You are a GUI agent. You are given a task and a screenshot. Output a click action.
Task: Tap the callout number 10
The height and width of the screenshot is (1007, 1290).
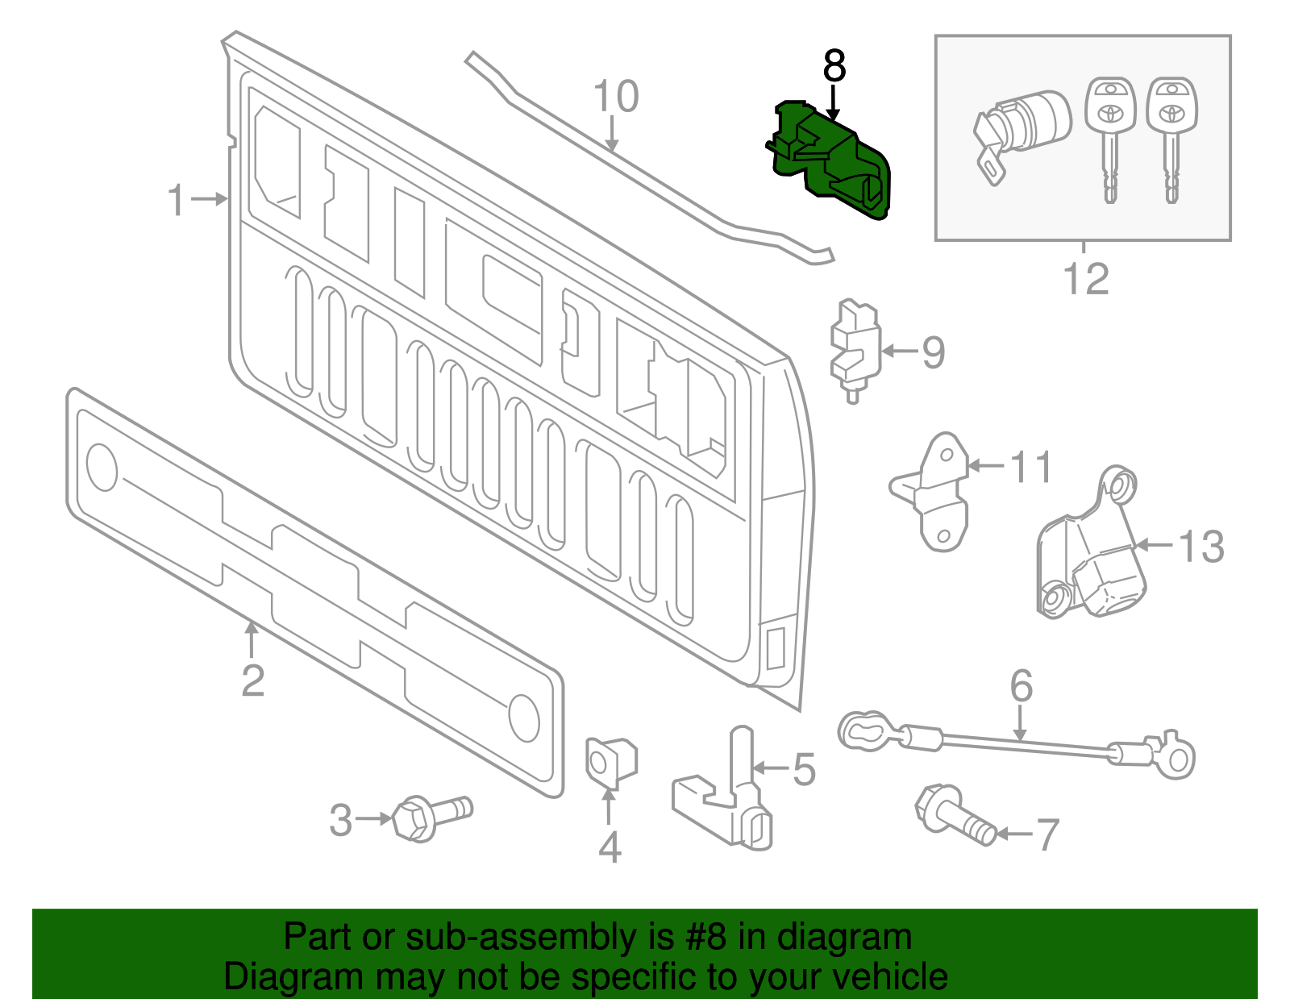click(x=616, y=97)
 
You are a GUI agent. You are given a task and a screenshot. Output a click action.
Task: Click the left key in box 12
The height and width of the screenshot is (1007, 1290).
click(x=1110, y=137)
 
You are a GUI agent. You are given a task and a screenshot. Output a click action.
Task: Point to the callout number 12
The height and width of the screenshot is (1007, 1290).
click(x=1086, y=280)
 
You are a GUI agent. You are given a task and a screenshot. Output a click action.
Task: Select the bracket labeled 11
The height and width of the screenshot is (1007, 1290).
click(x=935, y=492)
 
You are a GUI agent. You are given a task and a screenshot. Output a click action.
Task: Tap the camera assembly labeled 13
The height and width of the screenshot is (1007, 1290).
click(x=1088, y=556)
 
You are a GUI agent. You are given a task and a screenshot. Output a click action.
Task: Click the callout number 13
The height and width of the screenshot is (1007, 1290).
click(x=1201, y=547)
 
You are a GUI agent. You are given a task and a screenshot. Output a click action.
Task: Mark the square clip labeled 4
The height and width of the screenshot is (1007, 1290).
click(x=610, y=762)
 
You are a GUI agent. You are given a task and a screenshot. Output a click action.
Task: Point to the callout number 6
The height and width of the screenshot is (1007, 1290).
click(x=1021, y=686)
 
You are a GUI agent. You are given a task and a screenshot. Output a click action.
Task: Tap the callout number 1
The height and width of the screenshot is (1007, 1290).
click(x=176, y=200)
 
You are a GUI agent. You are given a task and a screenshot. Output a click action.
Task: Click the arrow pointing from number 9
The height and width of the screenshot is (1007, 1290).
click(x=899, y=352)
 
